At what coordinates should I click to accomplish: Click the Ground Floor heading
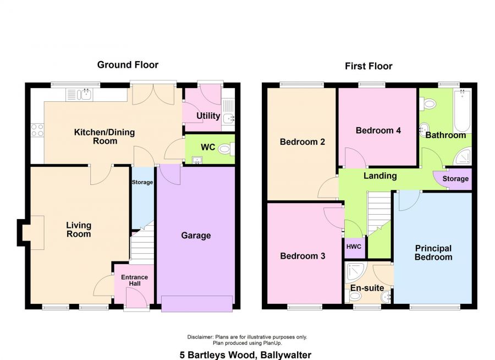coord(128,65)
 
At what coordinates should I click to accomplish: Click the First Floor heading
coord(369,67)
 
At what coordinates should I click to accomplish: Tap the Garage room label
coord(196,236)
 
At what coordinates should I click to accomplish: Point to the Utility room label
coord(208,116)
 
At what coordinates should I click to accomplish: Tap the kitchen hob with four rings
coord(37,130)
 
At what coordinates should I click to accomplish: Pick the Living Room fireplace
coord(31,232)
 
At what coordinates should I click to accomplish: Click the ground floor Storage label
coord(142,182)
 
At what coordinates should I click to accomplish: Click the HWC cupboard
coord(354,246)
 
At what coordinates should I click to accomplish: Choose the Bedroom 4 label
coord(378,131)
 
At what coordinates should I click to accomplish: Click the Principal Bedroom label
coord(433,253)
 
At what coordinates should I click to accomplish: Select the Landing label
coord(380,176)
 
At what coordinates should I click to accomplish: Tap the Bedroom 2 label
coord(302,142)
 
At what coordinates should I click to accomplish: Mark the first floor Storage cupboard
coord(455,179)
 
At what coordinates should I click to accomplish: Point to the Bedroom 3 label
coord(302,257)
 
